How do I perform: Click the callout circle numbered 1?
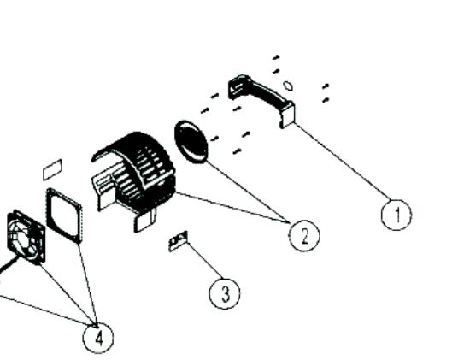click(396, 215)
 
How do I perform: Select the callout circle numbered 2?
click(304, 236)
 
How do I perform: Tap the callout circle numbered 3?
click(225, 293)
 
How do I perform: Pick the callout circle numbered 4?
click(98, 338)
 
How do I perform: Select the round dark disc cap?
click(191, 142)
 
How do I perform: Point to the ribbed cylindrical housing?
click(133, 178)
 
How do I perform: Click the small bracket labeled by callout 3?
click(178, 241)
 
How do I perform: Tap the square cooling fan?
click(26, 237)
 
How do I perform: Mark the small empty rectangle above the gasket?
click(53, 169)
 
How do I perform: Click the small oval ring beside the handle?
click(288, 86)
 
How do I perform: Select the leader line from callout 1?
click(343, 162)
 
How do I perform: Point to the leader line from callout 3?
click(204, 261)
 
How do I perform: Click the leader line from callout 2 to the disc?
click(248, 192)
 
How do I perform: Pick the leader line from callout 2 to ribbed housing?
click(232, 208)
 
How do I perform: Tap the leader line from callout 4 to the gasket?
click(87, 285)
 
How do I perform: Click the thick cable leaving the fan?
click(9, 265)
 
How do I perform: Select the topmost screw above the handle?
click(276, 57)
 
